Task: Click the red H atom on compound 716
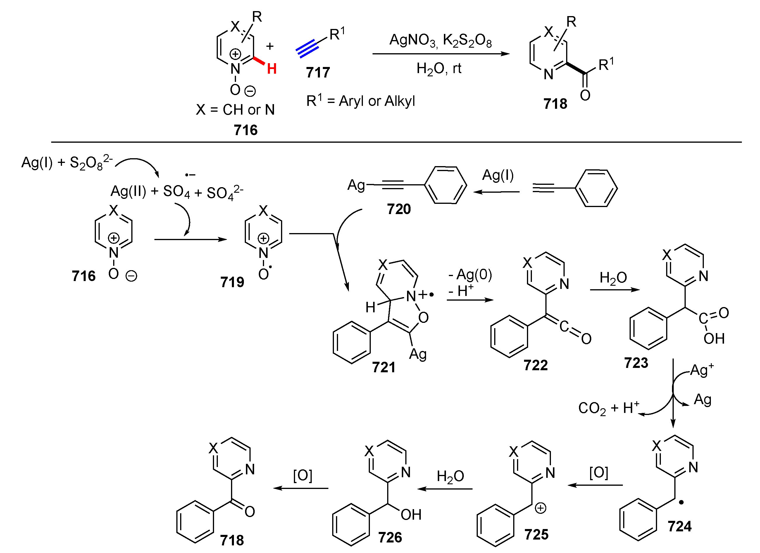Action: tap(272, 69)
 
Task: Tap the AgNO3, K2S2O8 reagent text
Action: tap(440, 41)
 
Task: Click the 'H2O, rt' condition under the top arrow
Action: tap(439, 69)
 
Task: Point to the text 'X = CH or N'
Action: tap(235, 110)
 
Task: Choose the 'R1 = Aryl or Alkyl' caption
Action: tap(361, 101)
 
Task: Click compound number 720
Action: tap(399, 209)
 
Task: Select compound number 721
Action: tap(383, 367)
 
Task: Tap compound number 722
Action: tap(535, 365)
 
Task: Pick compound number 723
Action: tap(636, 363)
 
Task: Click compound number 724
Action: tap(679, 526)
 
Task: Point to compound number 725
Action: tap(536, 534)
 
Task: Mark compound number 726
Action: tap(390, 537)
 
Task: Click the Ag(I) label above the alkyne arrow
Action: tap(498, 175)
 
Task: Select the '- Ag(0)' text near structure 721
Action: tap(470, 275)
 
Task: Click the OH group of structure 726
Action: tap(411, 514)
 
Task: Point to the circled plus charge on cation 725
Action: tap(540, 508)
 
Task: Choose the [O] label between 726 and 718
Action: tap(303, 475)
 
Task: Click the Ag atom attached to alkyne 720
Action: tap(356, 185)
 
